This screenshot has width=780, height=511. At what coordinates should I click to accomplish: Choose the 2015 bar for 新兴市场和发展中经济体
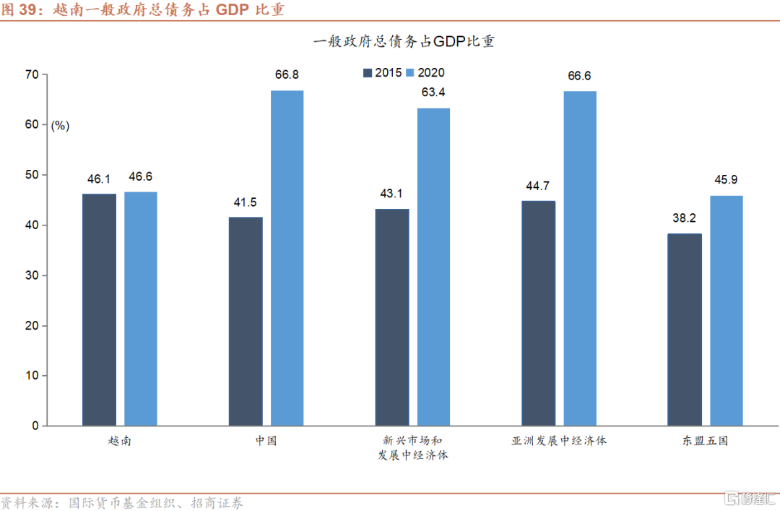(391, 317)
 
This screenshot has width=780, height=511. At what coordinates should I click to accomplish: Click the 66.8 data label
(287, 75)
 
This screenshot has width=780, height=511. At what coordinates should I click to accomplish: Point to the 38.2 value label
(684, 218)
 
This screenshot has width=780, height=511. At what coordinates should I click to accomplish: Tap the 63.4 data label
(433, 93)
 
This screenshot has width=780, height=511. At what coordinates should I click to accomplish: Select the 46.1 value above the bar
(99, 178)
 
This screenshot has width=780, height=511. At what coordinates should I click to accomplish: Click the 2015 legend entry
(383, 72)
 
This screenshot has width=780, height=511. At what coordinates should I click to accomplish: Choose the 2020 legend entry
(425, 72)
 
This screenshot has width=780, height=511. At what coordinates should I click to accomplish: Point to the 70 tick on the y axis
(32, 74)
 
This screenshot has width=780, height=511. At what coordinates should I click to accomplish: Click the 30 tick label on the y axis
(32, 275)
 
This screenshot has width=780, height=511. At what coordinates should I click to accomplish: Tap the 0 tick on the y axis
(35, 426)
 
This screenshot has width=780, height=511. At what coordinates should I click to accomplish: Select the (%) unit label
(60, 126)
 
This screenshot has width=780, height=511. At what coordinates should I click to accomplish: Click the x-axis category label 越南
(119, 440)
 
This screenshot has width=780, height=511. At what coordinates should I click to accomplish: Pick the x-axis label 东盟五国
(704, 440)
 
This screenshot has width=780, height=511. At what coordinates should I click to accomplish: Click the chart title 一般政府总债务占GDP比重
(404, 42)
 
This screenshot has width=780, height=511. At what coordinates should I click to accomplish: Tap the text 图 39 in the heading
(19, 11)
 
